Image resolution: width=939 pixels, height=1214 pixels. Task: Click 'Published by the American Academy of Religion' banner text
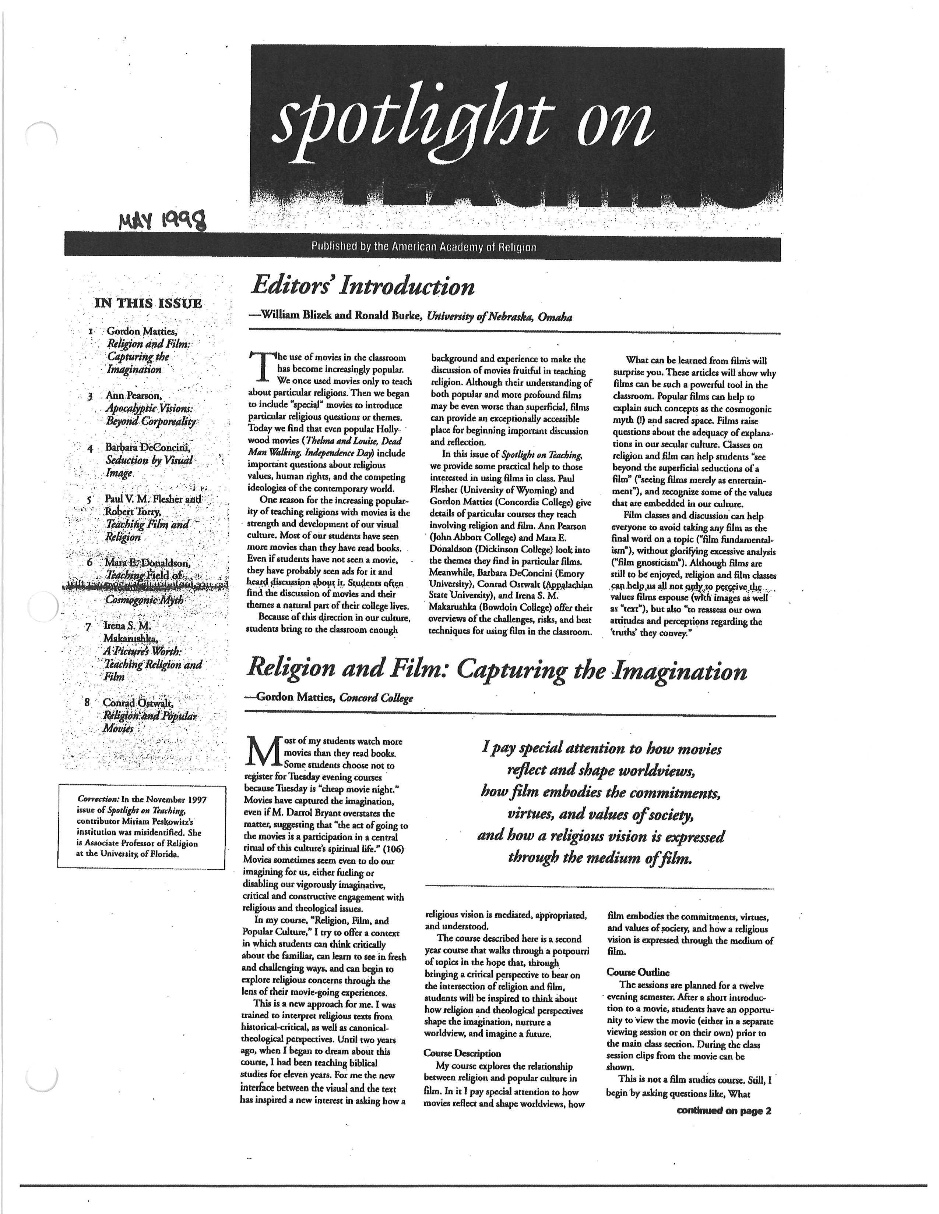(423, 247)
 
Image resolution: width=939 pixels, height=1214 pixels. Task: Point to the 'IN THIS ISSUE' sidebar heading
(148, 303)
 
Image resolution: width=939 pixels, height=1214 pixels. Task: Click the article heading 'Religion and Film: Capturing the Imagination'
(497, 671)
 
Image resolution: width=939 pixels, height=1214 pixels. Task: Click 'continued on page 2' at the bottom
(724, 1111)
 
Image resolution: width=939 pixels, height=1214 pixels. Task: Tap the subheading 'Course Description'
(462, 1053)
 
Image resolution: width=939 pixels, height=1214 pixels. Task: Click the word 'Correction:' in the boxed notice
(98, 799)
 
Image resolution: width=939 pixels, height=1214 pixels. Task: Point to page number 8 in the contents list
(87, 702)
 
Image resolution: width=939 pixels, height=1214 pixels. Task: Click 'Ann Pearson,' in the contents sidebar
(134, 396)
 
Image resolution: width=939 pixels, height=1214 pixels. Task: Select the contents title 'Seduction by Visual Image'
(149, 466)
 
